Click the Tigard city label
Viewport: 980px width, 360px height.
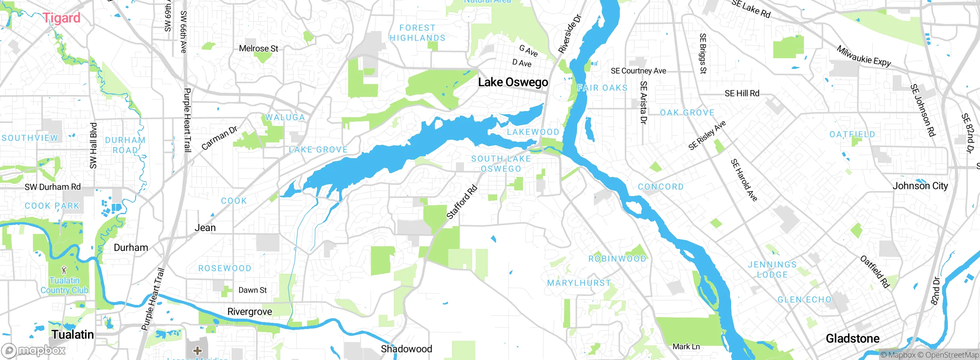click(61, 18)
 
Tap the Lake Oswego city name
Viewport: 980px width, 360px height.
click(513, 82)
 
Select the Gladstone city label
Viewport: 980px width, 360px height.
click(853, 338)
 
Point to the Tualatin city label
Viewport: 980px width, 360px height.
click(73, 334)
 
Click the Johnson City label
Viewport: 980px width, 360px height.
click(920, 186)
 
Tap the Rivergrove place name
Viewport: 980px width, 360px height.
click(250, 312)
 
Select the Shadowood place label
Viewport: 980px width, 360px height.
click(406, 349)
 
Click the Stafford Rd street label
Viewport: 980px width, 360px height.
click(462, 202)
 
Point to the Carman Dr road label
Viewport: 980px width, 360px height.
click(219, 138)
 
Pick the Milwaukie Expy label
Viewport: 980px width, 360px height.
click(864, 56)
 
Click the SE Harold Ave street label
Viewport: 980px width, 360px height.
click(744, 180)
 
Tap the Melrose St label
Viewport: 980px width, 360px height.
click(258, 49)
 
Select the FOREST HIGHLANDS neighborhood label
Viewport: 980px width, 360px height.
click(418, 33)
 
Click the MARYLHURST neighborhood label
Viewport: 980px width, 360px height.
click(579, 283)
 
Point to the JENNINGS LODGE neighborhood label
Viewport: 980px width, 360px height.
click(772, 270)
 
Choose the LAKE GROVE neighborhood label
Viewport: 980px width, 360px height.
click(318, 150)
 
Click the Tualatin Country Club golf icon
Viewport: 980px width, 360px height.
click(64, 270)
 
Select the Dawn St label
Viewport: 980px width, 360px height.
click(252, 290)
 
